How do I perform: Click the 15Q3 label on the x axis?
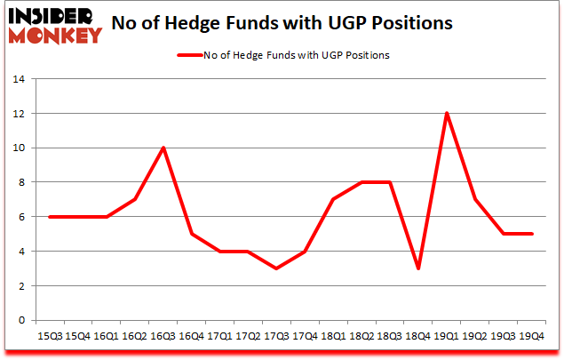pyautogui.click(x=50, y=337)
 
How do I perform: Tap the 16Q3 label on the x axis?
pyautogui.click(x=163, y=337)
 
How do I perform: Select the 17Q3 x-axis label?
pyautogui.click(x=277, y=337)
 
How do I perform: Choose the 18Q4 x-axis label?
pyautogui.click(x=418, y=337)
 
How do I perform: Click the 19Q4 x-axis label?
pyautogui.click(x=532, y=337)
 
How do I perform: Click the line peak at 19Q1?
pyautogui.click(x=447, y=113)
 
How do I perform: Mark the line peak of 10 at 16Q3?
pyautogui.click(x=163, y=148)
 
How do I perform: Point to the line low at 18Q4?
pyautogui.click(x=418, y=268)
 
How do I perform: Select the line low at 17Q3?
pyautogui.click(x=277, y=268)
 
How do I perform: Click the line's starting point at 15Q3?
pyautogui.click(x=50, y=217)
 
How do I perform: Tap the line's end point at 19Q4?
pyautogui.click(x=532, y=234)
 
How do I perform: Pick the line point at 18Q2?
pyautogui.click(x=361, y=182)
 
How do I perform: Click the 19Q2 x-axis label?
pyautogui.click(x=475, y=337)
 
